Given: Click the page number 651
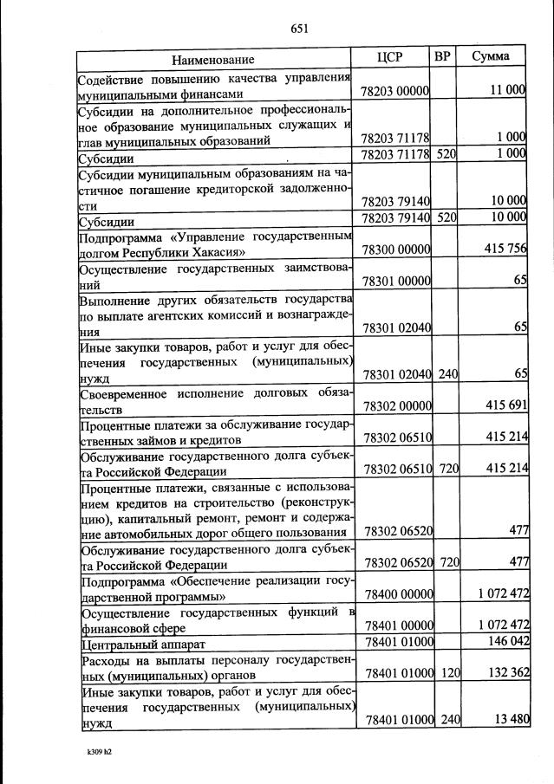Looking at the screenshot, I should (300, 29).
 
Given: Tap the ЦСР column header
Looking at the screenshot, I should (391, 58).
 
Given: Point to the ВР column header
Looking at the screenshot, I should (442, 58).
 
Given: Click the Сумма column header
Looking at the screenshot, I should (490, 58).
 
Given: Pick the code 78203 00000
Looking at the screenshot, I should (395, 91).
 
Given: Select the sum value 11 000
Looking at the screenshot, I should (508, 90).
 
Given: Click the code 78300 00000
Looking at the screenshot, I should (395, 251).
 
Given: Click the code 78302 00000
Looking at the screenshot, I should (395, 405).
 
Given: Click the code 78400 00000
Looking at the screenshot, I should (395, 594).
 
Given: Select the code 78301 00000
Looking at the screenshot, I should (395, 282).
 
